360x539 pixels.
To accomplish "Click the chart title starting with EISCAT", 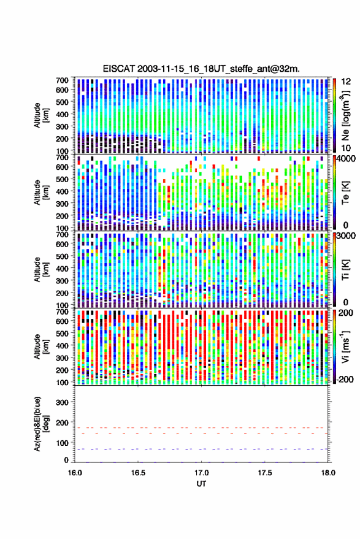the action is pos(201,69).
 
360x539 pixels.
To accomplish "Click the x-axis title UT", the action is pos(201,484).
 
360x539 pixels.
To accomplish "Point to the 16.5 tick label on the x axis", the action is pos(138,473).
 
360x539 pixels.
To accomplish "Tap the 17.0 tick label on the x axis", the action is pos(201,473).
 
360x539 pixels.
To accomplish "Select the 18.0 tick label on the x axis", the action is pos(327,473).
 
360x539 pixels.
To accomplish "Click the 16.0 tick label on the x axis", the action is pos(75,473).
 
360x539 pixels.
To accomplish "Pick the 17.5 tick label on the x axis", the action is pos(264,473).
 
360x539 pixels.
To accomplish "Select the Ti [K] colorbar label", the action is pos(345,270).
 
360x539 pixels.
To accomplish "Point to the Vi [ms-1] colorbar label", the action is pos(345,346).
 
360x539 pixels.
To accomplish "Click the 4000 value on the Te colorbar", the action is pos(346,159).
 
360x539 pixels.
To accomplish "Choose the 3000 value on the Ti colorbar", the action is pos(346,236).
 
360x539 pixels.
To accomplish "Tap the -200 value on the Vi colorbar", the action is pos(344,380).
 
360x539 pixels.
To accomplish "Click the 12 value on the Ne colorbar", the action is pos(346,82).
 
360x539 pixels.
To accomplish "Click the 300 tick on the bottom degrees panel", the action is pos(63,402).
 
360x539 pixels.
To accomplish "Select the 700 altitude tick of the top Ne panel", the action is pos(62,80).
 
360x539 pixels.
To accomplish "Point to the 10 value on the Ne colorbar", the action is pos(346,148).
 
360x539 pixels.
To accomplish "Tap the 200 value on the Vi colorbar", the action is pos(345,313).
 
